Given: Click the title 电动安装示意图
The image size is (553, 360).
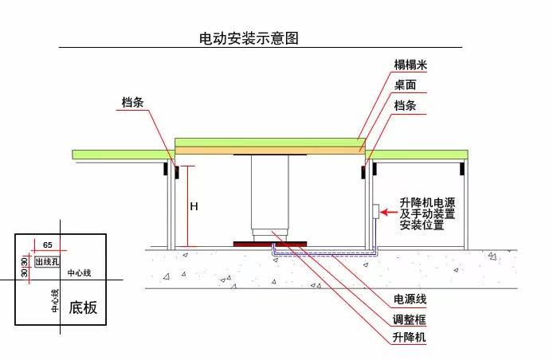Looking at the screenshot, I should click(248, 37).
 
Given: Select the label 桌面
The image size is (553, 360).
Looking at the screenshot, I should click(406, 84).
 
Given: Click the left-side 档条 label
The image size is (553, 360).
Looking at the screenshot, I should click(133, 103).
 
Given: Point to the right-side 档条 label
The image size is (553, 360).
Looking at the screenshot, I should click(406, 105).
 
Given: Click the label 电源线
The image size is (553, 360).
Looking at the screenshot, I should click(410, 299).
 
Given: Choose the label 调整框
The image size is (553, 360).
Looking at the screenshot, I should click(410, 319).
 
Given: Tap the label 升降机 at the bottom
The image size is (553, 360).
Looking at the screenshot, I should click(410, 338).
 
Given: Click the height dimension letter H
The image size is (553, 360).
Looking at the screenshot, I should click(194, 206).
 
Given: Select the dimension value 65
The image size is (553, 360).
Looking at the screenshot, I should click(47, 245).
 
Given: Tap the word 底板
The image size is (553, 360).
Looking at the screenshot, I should click(84, 307).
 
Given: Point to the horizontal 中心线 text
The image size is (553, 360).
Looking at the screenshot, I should click(80, 273).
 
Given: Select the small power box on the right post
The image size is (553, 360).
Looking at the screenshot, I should click(375, 211).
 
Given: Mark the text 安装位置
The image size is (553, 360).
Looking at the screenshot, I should click(422, 225).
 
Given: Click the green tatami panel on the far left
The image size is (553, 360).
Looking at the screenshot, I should click(120, 154).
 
